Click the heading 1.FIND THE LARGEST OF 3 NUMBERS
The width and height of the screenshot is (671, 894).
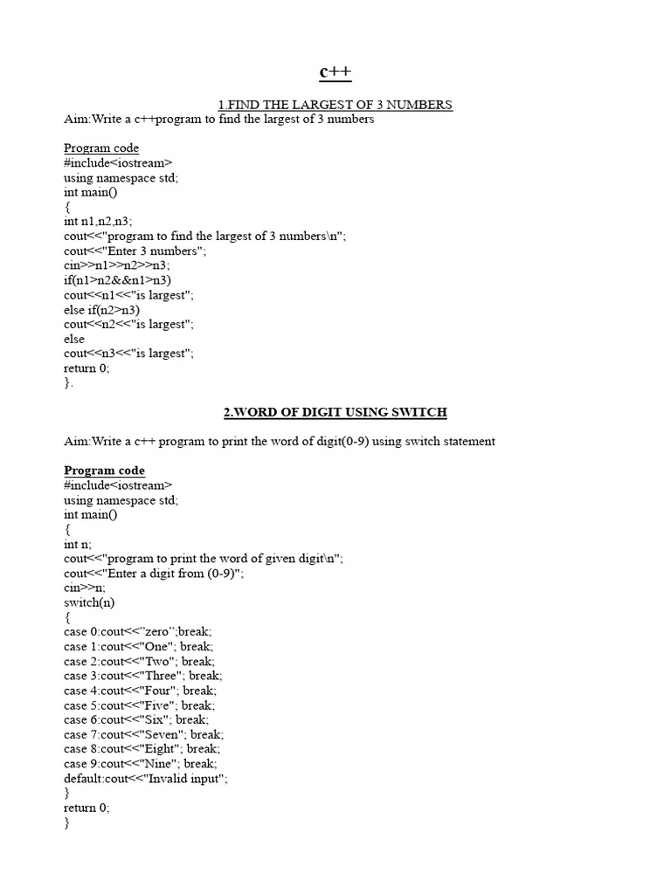click(335, 105)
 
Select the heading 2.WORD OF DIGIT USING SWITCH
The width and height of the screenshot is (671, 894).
click(335, 412)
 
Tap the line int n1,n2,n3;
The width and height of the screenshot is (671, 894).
click(98, 222)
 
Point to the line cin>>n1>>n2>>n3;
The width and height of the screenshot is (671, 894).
click(117, 265)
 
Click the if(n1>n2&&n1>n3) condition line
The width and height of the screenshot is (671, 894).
click(118, 280)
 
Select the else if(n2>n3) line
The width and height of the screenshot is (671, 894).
click(102, 309)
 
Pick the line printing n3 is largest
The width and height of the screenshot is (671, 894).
click(128, 354)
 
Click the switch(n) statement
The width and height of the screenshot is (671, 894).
click(89, 602)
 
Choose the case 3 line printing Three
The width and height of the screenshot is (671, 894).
click(142, 676)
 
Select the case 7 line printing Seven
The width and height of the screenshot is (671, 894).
click(143, 734)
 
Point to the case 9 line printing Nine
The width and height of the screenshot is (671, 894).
click(140, 764)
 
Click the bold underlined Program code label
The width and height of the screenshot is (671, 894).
click(104, 471)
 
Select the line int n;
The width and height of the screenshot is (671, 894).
click(78, 544)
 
